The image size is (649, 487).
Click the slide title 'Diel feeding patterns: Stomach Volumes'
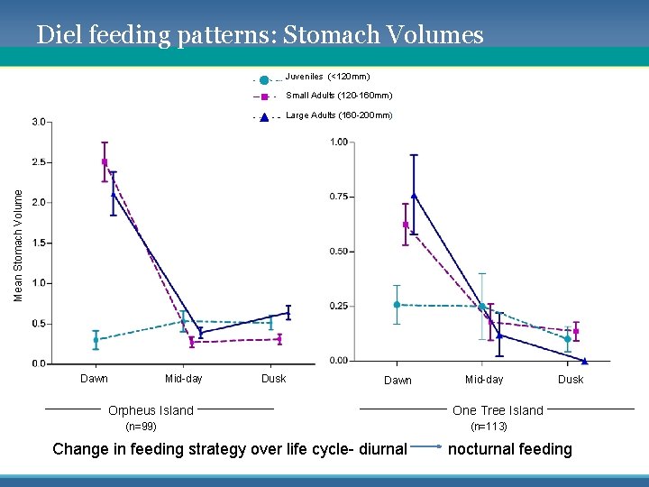tap(260, 35)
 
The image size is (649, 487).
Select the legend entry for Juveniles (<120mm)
tap(327, 77)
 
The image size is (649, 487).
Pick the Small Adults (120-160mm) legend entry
tap(338, 96)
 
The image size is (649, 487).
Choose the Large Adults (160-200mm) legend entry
tap(339, 115)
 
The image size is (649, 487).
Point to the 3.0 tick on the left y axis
tap(40, 122)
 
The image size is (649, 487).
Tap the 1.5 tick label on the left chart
tap(40, 243)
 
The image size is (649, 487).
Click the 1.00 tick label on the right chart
tap(339, 142)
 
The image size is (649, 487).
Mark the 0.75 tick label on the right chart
tap(339, 197)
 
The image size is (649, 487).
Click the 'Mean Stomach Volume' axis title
tap(19, 239)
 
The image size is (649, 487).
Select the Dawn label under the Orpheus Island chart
tap(94, 379)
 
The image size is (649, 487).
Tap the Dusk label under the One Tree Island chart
tap(571, 380)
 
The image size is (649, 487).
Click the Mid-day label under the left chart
tap(184, 379)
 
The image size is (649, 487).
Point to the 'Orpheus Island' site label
tap(151, 410)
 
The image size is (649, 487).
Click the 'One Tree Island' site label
tap(498, 410)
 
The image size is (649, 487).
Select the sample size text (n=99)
tap(141, 427)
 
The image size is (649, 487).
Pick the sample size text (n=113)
tap(489, 427)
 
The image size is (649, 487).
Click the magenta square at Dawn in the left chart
tap(105, 162)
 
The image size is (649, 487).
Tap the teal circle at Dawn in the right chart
tap(397, 305)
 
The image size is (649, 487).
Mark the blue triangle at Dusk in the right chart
tap(585, 360)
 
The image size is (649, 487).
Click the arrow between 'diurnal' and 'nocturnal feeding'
tap(427, 446)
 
